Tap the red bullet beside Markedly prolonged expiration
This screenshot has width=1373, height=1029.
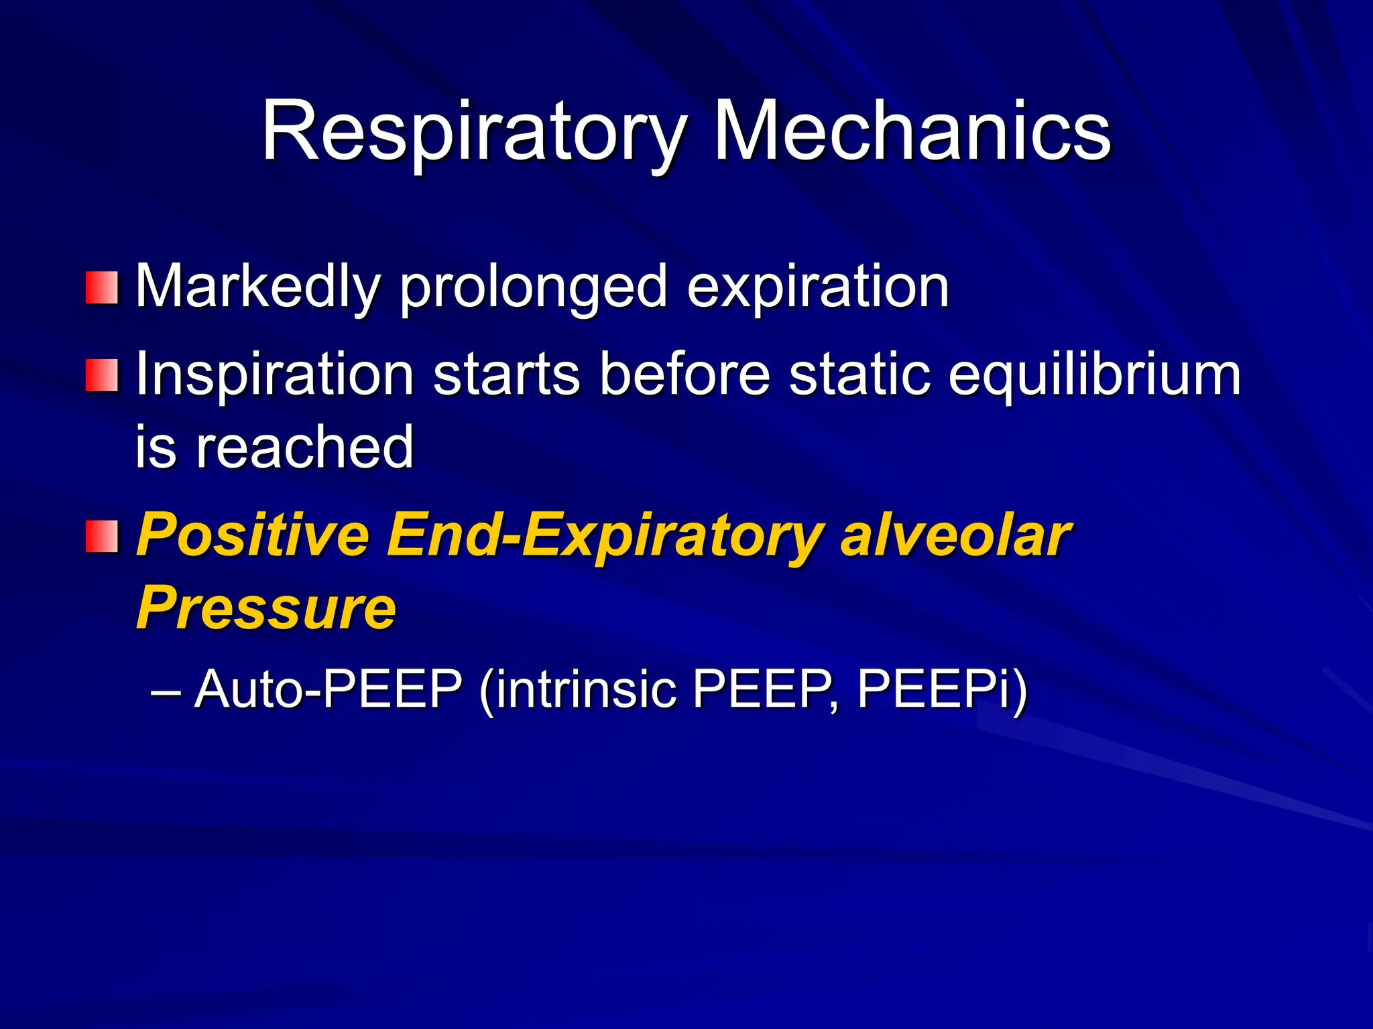tap(102, 287)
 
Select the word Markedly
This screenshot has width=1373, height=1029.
tap(258, 287)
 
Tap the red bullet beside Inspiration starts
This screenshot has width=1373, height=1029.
tap(102, 375)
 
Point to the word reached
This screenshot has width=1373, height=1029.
tap(304, 448)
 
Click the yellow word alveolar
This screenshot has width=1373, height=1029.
tap(955, 536)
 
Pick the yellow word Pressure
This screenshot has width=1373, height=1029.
tap(266, 608)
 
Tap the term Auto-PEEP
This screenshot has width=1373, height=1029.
tap(329, 690)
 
